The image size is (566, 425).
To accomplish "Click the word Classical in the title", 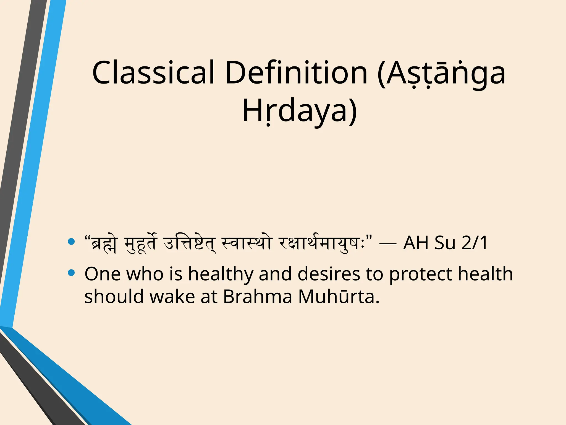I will click(153, 72).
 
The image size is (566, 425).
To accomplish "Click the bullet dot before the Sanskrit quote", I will click(71, 242).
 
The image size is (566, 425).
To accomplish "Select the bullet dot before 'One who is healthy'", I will click(71, 273).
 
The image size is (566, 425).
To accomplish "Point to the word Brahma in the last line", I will click(257, 297).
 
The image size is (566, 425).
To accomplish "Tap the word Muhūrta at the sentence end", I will click(339, 297).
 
